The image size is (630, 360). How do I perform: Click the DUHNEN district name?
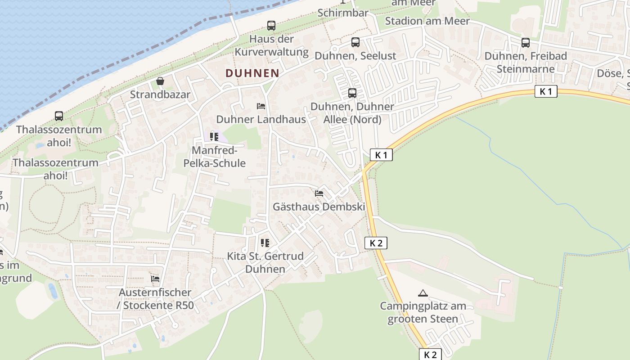tap(252, 73)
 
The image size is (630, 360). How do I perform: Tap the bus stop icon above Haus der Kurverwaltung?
tap(271, 26)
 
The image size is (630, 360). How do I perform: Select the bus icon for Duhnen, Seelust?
tap(355, 42)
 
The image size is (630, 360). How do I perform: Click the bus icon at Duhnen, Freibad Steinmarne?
tap(525, 43)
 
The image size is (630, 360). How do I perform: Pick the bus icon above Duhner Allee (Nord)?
tap(352, 93)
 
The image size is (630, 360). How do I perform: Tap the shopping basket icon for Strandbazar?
tap(160, 81)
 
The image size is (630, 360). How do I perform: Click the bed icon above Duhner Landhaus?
tap(261, 106)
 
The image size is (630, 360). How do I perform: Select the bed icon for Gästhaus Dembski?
tap(319, 193)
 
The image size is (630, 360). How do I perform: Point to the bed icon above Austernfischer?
tap(155, 279)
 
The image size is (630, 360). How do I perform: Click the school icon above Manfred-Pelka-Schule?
tap(214, 136)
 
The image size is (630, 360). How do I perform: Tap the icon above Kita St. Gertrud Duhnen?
tap(265, 243)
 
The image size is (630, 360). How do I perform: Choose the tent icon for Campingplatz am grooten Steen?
tap(423, 293)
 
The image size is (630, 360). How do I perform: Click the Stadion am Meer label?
tap(427, 21)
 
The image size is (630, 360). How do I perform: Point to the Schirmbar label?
tap(343, 13)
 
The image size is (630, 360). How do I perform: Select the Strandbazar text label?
tap(160, 95)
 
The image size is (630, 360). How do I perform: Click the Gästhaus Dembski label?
tap(319, 207)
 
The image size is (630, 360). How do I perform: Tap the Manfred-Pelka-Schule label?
tap(215, 157)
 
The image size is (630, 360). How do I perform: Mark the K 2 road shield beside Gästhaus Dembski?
tap(376, 243)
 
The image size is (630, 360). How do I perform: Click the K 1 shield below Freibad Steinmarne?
tap(546, 92)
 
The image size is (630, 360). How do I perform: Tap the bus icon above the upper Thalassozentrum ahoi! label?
tap(59, 116)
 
